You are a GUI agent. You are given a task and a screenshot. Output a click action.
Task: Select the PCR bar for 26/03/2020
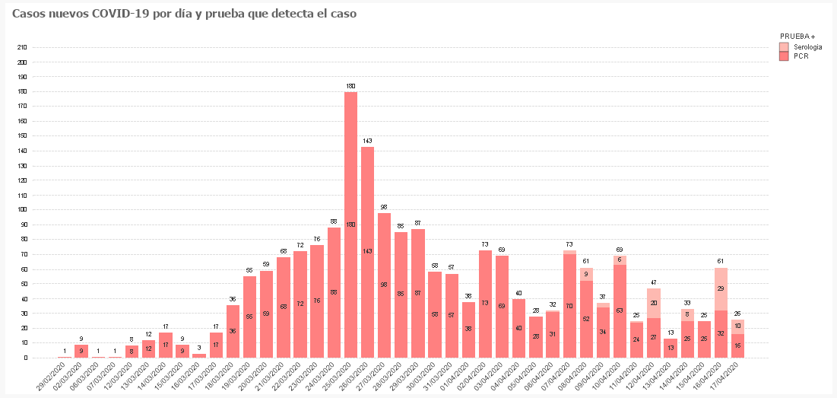[367, 251]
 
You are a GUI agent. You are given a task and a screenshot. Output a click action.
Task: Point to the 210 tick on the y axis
[22, 47]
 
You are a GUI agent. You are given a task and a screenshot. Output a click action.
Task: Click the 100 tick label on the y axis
[22, 210]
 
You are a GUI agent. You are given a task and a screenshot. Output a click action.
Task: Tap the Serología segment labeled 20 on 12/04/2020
[653, 303]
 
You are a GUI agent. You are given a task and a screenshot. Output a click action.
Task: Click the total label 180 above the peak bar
[350, 86]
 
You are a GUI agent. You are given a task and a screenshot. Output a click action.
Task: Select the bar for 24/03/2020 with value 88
[334, 292]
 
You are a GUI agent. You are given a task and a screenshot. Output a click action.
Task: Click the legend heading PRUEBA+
[797, 36]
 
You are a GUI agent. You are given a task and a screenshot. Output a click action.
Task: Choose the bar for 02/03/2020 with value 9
[81, 351]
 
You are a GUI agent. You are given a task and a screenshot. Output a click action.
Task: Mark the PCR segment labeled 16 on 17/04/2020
[737, 345]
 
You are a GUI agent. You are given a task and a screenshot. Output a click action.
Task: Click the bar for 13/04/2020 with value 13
[670, 348]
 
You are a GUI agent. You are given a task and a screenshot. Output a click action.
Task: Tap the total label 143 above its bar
[367, 141]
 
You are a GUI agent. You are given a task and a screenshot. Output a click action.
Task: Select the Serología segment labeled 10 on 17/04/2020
[737, 326]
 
